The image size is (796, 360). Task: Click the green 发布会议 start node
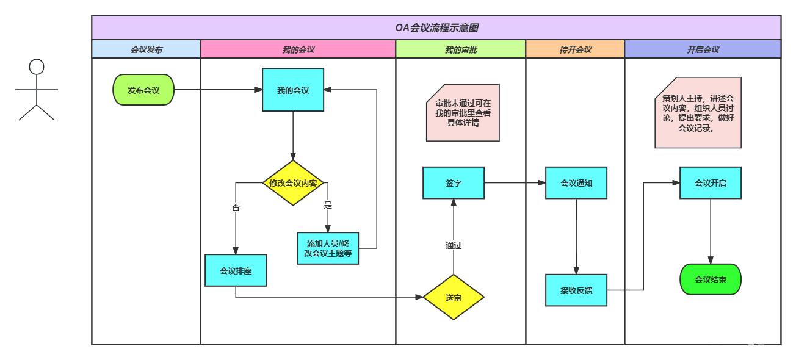(x=143, y=90)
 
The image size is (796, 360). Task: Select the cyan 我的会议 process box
(x=293, y=90)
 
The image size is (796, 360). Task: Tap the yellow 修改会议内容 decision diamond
(x=293, y=182)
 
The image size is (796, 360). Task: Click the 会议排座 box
(x=236, y=270)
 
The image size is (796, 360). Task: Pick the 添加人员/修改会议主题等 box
(x=328, y=248)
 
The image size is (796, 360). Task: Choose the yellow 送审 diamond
(x=454, y=297)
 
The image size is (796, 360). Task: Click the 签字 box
(x=454, y=182)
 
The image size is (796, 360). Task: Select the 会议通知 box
(x=576, y=182)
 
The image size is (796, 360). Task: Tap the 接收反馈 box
(x=576, y=290)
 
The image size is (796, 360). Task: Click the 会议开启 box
(x=711, y=182)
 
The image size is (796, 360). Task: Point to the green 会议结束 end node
(x=711, y=279)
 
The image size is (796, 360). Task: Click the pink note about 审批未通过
(x=463, y=113)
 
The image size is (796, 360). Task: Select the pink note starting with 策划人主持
(x=698, y=113)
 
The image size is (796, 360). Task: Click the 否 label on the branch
(x=236, y=207)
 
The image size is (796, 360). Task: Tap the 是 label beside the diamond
(x=328, y=204)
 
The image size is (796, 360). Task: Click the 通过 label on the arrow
(x=454, y=245)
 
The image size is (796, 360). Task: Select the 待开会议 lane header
(x=575, y=49)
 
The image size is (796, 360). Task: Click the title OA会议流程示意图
(x=436, y=27)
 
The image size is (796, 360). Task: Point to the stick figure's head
(x=37, y=67)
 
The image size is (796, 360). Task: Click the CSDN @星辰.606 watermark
(x=747, y=348)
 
